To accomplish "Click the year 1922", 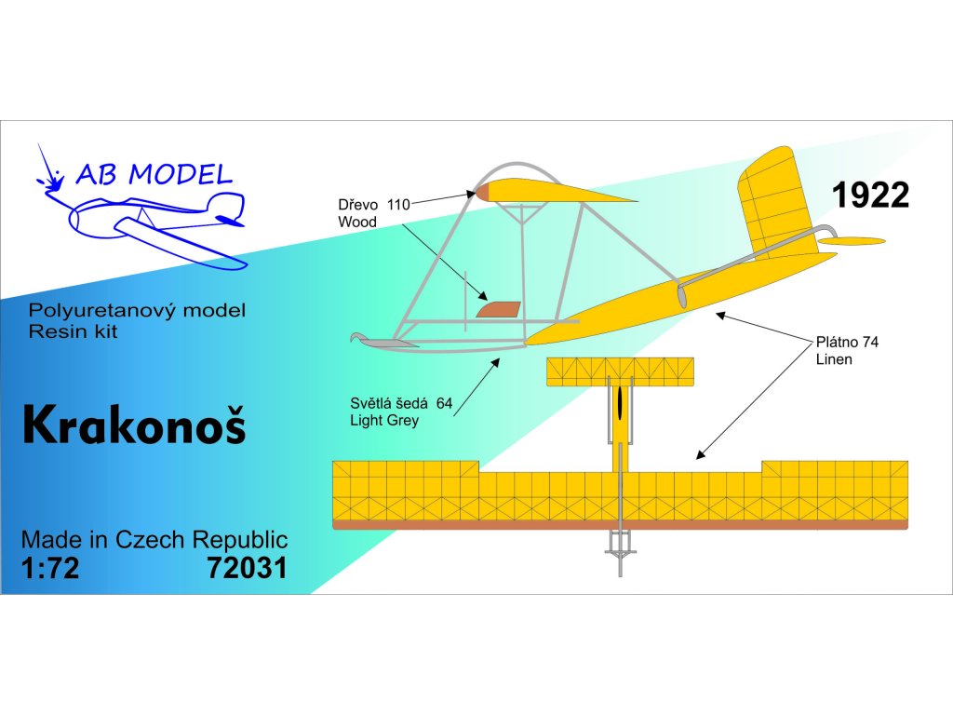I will pos(870,195).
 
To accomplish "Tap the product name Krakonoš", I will pos(134,425).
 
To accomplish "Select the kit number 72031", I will pos(247,568).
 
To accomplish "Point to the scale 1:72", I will pos(50,568).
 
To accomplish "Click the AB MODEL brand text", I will pos(153,174).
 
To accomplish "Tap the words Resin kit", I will pos(74,331).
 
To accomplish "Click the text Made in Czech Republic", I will pos(154,540).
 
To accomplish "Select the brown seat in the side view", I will pos(498,308).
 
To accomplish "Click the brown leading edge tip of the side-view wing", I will pos(483,191).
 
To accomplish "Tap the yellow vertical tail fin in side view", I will pos(778,200).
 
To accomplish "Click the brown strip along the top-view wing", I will pos(620,525).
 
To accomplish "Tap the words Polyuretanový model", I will pos(138,311).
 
